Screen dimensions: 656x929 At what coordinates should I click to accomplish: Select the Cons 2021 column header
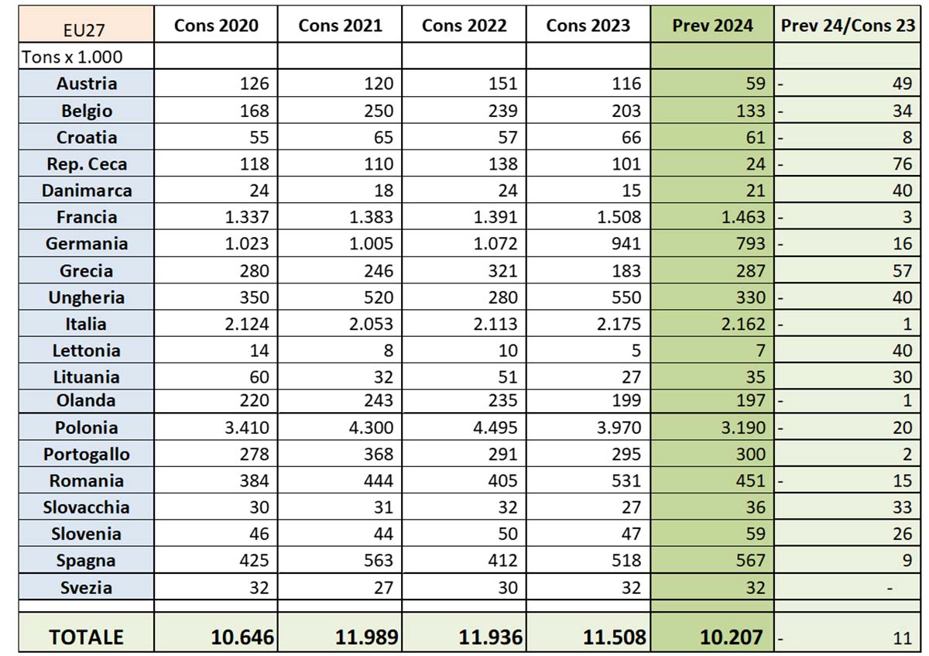point(340,25)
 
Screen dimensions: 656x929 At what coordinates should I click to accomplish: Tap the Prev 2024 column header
point(712,25)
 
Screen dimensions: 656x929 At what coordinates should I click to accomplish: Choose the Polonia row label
point(87,428)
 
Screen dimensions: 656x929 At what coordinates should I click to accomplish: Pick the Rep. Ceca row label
point(87,164)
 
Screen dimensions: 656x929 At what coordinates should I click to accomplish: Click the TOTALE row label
point(86,637)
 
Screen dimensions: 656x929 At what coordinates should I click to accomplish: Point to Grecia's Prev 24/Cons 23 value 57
point(902,271)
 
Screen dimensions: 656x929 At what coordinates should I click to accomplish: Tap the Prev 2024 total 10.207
point(731,637)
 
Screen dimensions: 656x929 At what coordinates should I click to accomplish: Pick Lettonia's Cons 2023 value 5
point(636,350)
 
